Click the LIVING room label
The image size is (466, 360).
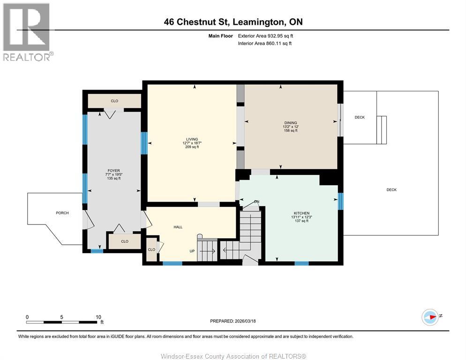[x=192, y=139]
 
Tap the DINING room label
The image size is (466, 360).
[x=291, y=123]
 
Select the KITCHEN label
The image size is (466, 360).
[x=301, y=213]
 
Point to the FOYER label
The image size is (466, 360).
[x=114, y=171]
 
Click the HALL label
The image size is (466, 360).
[x=178, y=227]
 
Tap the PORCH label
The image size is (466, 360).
[x=62, y=213]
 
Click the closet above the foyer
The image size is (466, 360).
[x=114, y=101]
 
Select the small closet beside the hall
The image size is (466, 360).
[x=151, y=249]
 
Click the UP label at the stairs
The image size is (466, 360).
[x=192, y=251]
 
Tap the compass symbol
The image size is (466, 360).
[x=430, y=317]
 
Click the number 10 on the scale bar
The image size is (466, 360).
[x=98, y=317]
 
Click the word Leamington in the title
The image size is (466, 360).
[x=258, y=22]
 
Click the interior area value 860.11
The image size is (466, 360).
[x=273, y=44]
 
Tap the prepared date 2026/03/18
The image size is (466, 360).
[x=245, y=321]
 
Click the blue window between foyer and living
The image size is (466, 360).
[x=144, y=143]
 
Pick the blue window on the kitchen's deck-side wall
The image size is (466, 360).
[x=340, y=201]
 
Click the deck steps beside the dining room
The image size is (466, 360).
[x=382, y=130]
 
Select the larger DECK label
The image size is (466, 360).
[x=391, y=190]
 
